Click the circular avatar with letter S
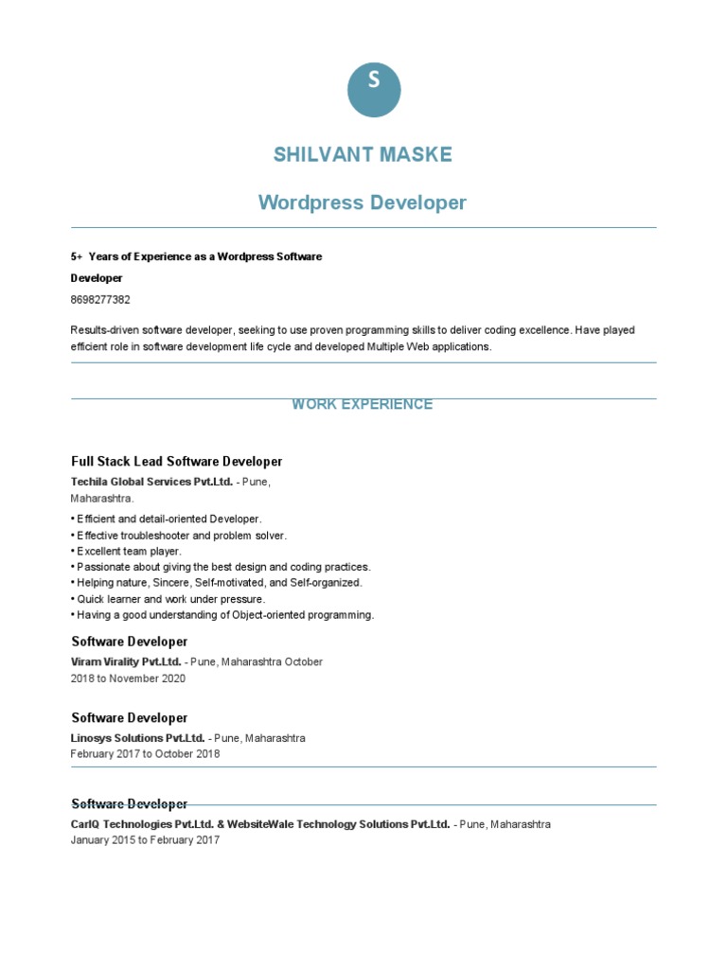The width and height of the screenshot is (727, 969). [x=374, y=91]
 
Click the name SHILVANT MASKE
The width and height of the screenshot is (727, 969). [x=363, y=154]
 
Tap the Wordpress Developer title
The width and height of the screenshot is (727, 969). [x=363, y=203]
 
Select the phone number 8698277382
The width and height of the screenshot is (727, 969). [x=100, y=300]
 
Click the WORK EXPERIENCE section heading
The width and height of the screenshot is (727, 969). [x=363, y=404]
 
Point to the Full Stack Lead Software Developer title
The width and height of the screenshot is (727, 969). [x=177, y=462]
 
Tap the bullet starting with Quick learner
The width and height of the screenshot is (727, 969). [x=168, y=599]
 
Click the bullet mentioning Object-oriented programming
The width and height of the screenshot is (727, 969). [x=222, y=615]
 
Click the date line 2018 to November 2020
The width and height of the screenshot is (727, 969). [x=128, y=678]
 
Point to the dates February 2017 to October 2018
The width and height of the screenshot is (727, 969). [x=145, y=754]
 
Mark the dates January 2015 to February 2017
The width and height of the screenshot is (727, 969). [x=145, y=840]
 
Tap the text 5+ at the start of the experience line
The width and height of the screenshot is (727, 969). [x=77, y=256]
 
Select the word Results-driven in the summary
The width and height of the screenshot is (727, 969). [x=104, y=330]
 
